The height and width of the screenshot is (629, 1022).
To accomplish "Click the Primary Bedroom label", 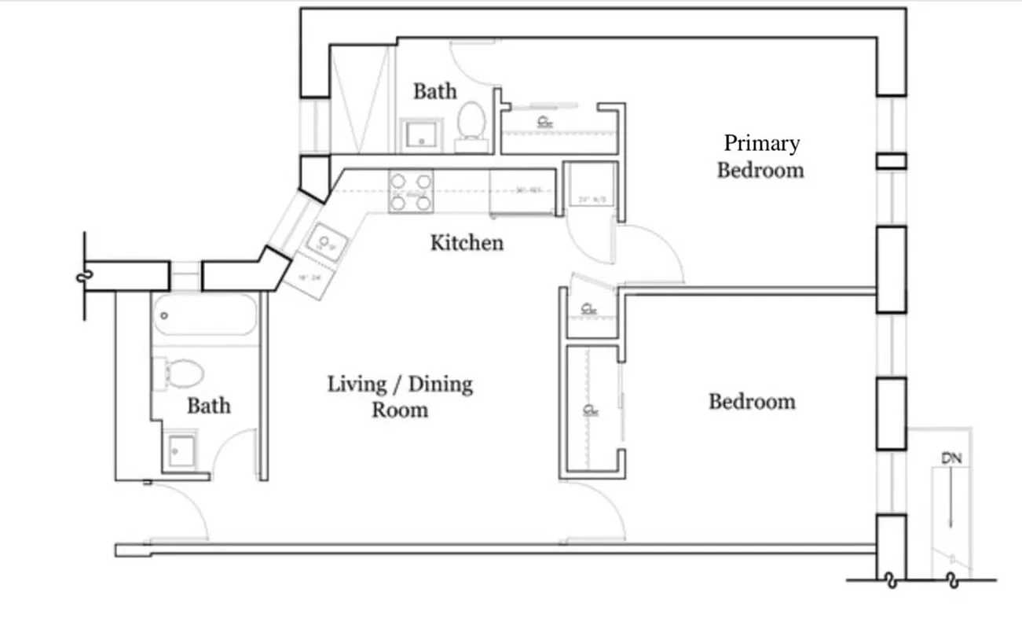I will tap(760, 156).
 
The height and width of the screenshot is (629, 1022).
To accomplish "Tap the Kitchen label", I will tap(467, 242).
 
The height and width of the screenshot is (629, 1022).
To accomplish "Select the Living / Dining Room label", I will tap(400, 396).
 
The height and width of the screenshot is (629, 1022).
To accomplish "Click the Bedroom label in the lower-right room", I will tap(752, 401).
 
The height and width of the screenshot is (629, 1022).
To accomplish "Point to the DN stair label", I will tap(951, 458).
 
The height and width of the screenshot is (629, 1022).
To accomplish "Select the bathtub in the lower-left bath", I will tap(205, 314).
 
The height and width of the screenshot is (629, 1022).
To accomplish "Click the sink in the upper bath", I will tap(423, 136).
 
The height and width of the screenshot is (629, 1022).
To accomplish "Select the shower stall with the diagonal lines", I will tap(361, 98).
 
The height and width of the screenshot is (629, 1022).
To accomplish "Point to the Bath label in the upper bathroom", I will tap(434, 91).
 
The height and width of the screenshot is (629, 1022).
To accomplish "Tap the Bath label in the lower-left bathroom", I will tap(208, 406).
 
